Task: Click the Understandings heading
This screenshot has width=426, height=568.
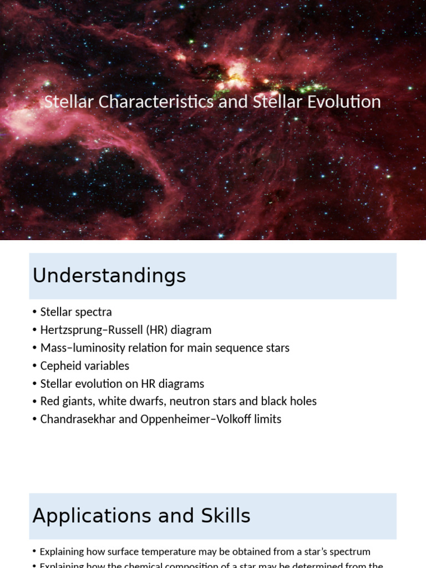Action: point(109,276)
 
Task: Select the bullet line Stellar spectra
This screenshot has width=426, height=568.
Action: point(76,312)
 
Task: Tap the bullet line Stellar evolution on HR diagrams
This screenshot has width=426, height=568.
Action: point(122,383)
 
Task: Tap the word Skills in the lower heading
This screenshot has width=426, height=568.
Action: point(225,516)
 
